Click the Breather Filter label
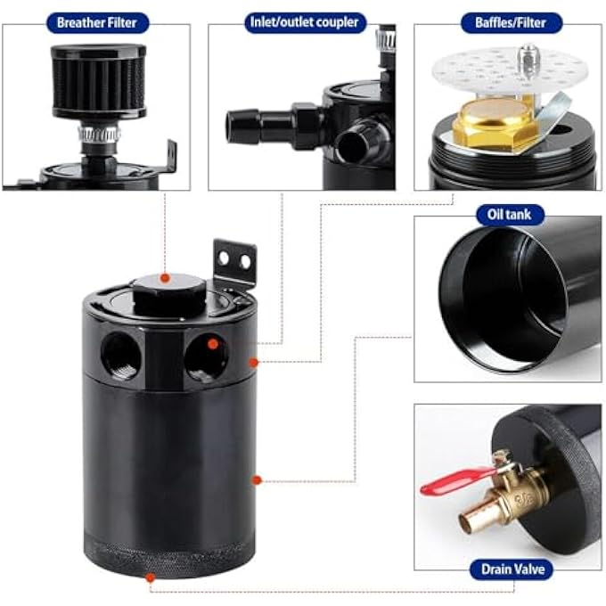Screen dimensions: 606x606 coord(97,22)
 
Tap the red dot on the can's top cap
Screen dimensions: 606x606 coord(163,279)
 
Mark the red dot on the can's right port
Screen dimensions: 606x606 coord(213,343)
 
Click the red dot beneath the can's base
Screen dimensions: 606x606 coord(149,577)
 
